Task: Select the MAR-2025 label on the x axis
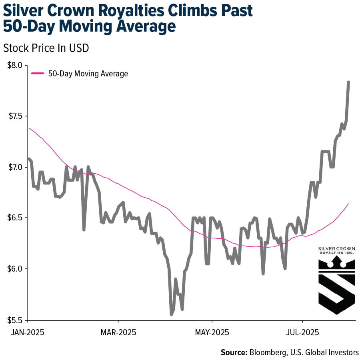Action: coord(118,332)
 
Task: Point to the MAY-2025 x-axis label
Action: coord(212,332)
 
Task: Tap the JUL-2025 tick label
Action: coord(303,332)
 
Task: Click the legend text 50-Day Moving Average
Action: coord(88,74)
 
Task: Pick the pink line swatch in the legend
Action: coord(38,74)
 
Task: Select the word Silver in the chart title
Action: coord(25,11)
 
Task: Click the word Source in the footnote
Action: coord(234,352)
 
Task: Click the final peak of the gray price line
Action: coord(348,82)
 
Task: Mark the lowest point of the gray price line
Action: coord(171,314)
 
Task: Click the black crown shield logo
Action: coord(336,285)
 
